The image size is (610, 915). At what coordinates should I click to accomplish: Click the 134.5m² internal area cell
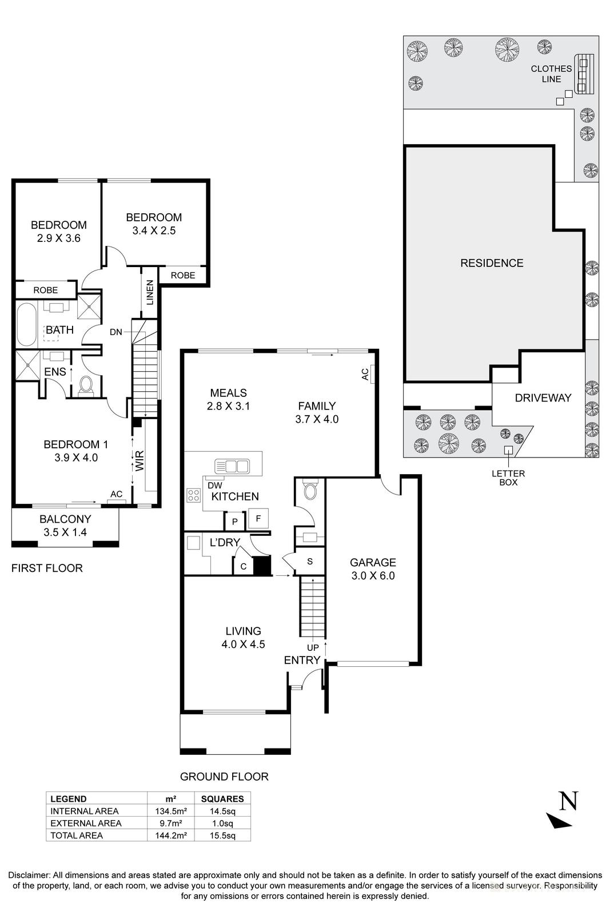click(x=171, y=811)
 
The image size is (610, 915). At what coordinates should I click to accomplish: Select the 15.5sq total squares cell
click(x=222, y=836)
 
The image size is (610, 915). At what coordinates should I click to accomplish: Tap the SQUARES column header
click(x=222, y=799)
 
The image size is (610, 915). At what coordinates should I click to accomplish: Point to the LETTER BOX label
click(x=508, y=478)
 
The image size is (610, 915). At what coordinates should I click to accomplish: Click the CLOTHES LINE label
click(x=551, y=74)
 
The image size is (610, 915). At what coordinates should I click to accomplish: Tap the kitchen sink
click(x=232, y=466)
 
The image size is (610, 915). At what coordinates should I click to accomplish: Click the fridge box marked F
click(x=258, y=519)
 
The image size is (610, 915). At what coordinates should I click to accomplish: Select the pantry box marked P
click(x=234, y=522)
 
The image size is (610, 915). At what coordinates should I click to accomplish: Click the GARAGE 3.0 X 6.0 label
click(x=373, y=569)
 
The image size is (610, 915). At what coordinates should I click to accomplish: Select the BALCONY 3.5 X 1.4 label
click(x=65, y=526)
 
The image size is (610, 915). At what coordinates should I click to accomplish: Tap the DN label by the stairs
click(x=116, y=332)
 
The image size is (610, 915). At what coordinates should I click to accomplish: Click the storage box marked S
click(x=310, y=562)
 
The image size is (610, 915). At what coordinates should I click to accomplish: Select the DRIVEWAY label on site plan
click(x=543, y=398)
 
